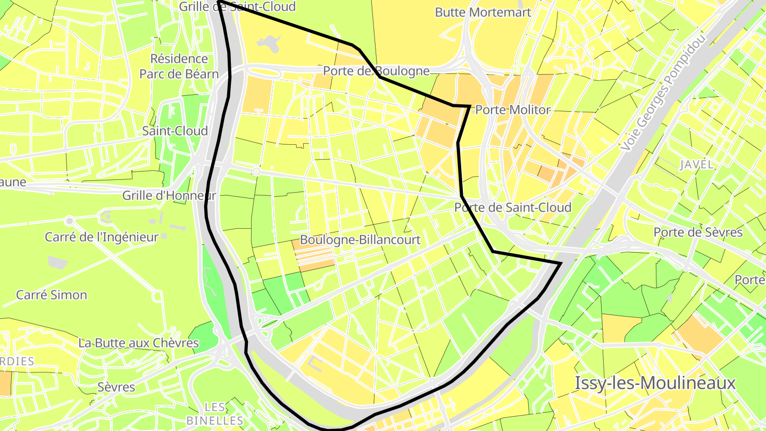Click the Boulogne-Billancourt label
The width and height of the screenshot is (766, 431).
360,239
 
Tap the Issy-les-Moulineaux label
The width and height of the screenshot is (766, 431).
655,383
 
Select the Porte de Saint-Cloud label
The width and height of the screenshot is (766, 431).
513,207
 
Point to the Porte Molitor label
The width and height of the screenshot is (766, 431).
513,110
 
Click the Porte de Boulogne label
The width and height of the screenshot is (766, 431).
376,71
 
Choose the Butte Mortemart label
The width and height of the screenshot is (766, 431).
483,12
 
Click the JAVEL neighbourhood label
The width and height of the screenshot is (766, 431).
696,164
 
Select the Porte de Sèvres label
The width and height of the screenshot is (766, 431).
698,232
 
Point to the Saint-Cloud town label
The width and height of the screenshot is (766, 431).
174,131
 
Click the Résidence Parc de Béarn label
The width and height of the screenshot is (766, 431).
179,66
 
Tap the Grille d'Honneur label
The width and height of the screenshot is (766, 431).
169,195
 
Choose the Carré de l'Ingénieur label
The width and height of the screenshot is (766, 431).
102,237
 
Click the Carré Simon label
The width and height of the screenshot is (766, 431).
52,295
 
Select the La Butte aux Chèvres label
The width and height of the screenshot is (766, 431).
138,343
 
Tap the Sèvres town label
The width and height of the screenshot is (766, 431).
116,387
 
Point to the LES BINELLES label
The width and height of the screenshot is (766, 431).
215,413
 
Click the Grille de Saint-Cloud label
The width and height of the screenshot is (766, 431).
237,6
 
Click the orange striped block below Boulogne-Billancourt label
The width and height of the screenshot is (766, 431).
314,256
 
